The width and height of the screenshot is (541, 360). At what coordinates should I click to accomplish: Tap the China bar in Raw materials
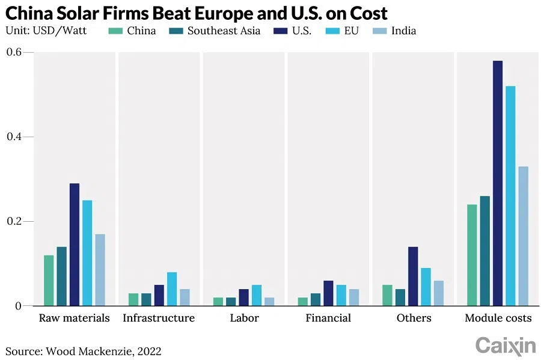49,280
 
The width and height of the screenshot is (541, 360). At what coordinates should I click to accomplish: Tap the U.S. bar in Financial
328,293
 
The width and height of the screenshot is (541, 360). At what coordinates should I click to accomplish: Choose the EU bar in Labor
257,295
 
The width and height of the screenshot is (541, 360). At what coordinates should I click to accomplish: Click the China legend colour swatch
115,31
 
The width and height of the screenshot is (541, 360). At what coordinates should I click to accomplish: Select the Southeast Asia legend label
224,31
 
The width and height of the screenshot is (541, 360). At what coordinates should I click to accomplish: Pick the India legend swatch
379,31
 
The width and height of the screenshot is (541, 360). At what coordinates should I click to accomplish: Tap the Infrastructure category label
159,318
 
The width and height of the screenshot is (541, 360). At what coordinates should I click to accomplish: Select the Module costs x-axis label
498,318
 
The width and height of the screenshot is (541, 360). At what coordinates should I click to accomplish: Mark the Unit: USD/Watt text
46,31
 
